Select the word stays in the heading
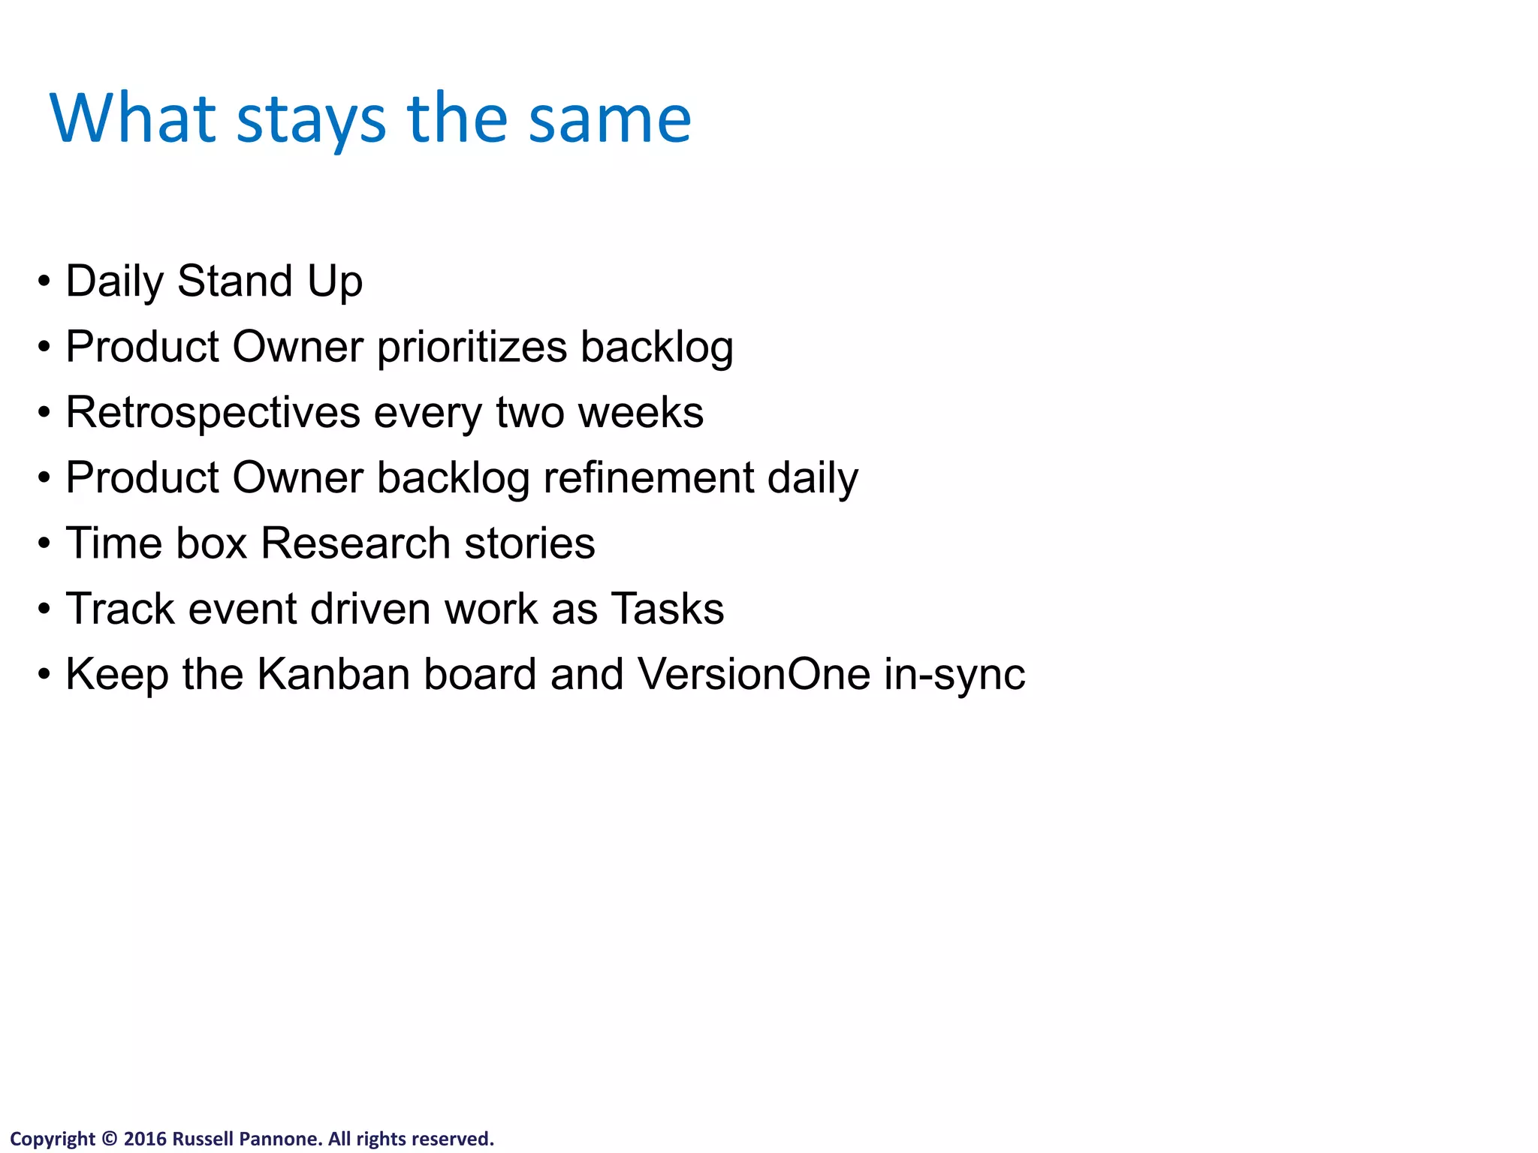311,122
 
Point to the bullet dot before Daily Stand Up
44,282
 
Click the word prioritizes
472,348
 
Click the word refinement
648,477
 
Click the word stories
529,543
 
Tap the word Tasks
668,609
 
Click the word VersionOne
754,674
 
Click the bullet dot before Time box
44,543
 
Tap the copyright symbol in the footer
110,1139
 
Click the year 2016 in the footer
145,1139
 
